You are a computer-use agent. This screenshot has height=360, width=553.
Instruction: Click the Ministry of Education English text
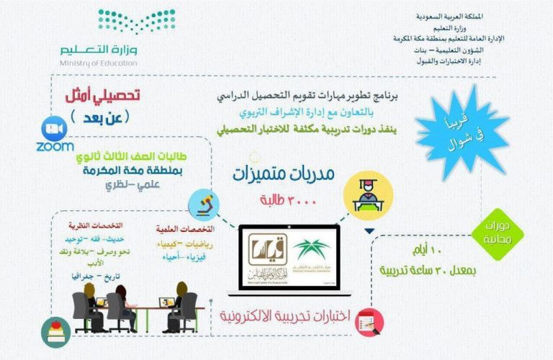click(x=99, y=63)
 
